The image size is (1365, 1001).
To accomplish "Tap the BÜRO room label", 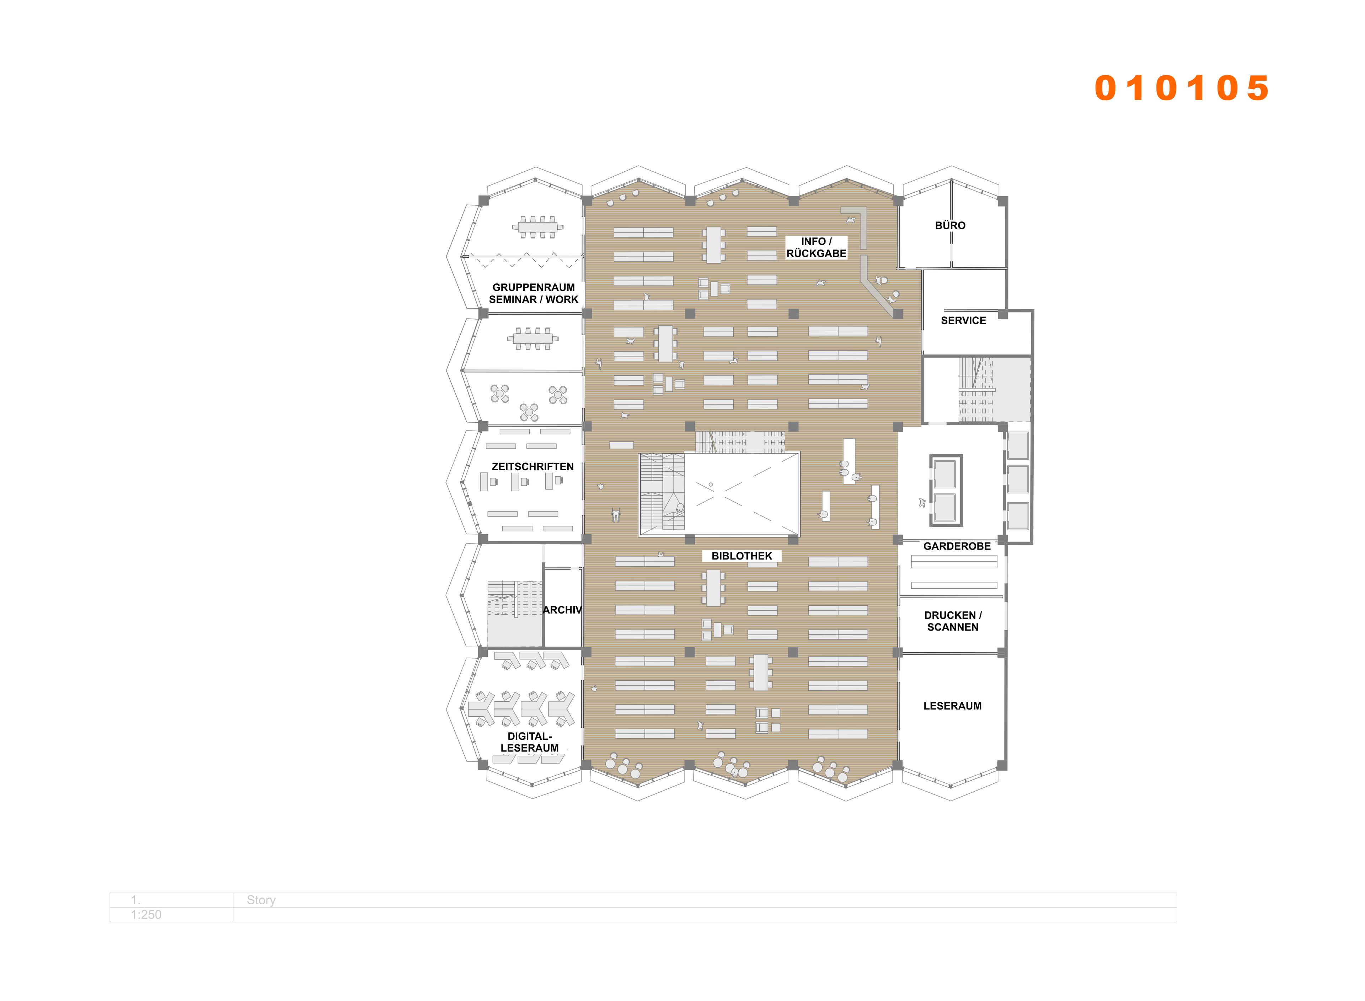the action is (950, 225).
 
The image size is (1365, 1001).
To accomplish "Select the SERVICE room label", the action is (963, 321).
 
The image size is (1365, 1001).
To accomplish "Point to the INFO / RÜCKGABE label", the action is (816, 247).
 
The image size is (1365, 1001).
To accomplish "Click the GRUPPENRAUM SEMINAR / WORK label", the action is (533, 293).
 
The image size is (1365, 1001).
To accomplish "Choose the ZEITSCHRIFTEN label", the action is (532, 467).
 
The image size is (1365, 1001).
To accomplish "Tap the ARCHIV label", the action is (562, 610).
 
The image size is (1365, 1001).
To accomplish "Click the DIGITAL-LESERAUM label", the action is (530, 742).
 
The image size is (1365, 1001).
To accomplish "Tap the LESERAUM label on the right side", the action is (952, 706).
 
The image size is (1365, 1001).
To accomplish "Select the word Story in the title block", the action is (261, 900).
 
